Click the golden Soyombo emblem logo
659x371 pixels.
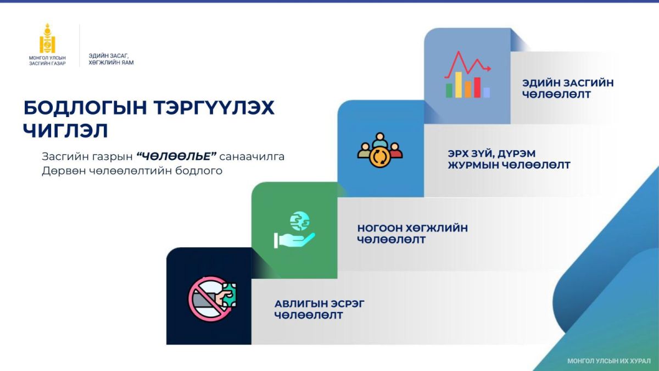(47, 38)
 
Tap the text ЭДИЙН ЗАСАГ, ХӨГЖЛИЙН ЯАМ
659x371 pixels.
(111, 59)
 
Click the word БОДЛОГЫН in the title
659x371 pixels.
(85, 108)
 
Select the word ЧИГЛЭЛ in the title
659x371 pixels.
(65, 130)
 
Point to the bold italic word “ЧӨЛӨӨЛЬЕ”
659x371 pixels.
(176, 156)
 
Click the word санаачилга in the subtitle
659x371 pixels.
(252, 156)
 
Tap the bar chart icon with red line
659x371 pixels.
(467, 74)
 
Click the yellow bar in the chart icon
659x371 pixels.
(459, 85)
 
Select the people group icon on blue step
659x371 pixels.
(380, 150)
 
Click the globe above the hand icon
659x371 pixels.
(299, 221)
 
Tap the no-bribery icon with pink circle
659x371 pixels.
(212, 298)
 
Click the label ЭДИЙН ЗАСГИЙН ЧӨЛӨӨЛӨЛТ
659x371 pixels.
(568, 88)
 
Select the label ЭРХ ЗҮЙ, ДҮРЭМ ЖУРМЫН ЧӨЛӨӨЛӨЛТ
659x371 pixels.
(509, 159)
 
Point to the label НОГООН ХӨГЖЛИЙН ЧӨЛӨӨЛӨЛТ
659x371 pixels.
(412, 234)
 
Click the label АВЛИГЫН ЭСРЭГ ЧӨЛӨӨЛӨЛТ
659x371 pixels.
(319, 309)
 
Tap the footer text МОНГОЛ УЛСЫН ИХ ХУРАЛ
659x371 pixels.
(609, 361)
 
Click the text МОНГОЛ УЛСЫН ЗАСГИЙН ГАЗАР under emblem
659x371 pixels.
(47, 60)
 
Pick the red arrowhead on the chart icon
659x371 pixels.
(488, 69)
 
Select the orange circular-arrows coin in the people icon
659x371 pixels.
(380, 158)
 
